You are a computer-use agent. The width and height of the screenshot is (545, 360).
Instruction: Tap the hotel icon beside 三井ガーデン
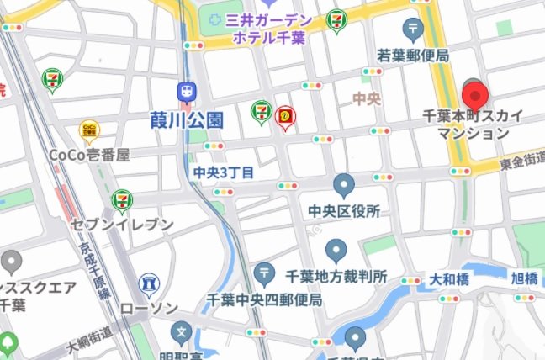216,19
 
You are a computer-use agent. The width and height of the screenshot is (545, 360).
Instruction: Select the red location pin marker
476,94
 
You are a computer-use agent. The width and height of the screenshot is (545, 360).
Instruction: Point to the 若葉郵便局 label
412,56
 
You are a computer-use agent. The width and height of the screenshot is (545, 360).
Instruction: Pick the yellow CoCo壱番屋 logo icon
88,130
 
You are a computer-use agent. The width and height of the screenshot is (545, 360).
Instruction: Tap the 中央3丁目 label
223,172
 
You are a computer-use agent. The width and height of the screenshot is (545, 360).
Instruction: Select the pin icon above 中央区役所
343,184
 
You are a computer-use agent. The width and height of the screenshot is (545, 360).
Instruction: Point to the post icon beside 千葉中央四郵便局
265,273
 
